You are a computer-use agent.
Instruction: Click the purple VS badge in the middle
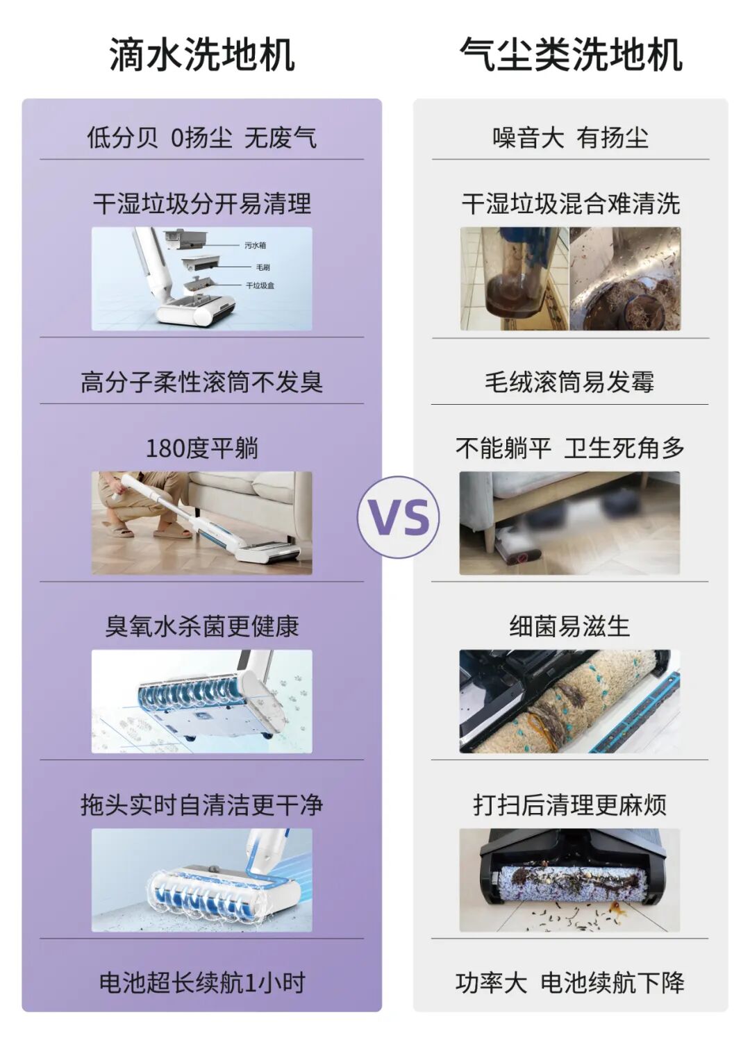tap(398, 517)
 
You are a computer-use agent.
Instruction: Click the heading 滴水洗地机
tap(202, 56)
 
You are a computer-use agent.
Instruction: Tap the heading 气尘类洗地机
tap(571, 56)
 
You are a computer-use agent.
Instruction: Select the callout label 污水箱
tap(256, 245)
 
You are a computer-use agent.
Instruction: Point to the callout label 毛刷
tap(262, 267)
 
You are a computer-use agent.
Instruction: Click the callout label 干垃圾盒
tap(260, 285)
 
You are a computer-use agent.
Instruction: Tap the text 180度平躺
tap(202, 448)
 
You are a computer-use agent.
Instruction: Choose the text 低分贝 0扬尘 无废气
tap(202, 137)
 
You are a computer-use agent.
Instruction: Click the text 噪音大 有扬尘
tap(570, 137)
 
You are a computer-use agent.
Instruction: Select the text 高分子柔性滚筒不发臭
tap(202, 382)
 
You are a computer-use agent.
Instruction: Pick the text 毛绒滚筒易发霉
tap(569, 382)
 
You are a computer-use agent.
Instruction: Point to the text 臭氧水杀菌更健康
tap(202, 626)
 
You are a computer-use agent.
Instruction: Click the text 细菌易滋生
tap(569, 626)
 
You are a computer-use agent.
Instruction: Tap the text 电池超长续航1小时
tap(202, 982)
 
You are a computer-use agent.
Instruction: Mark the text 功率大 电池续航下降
tap(570, 982)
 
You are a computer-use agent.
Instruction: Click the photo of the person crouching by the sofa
tap(202, 523)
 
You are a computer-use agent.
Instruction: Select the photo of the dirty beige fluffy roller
tap(569, 701)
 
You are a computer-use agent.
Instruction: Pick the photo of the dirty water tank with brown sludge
tap(515, 278)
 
